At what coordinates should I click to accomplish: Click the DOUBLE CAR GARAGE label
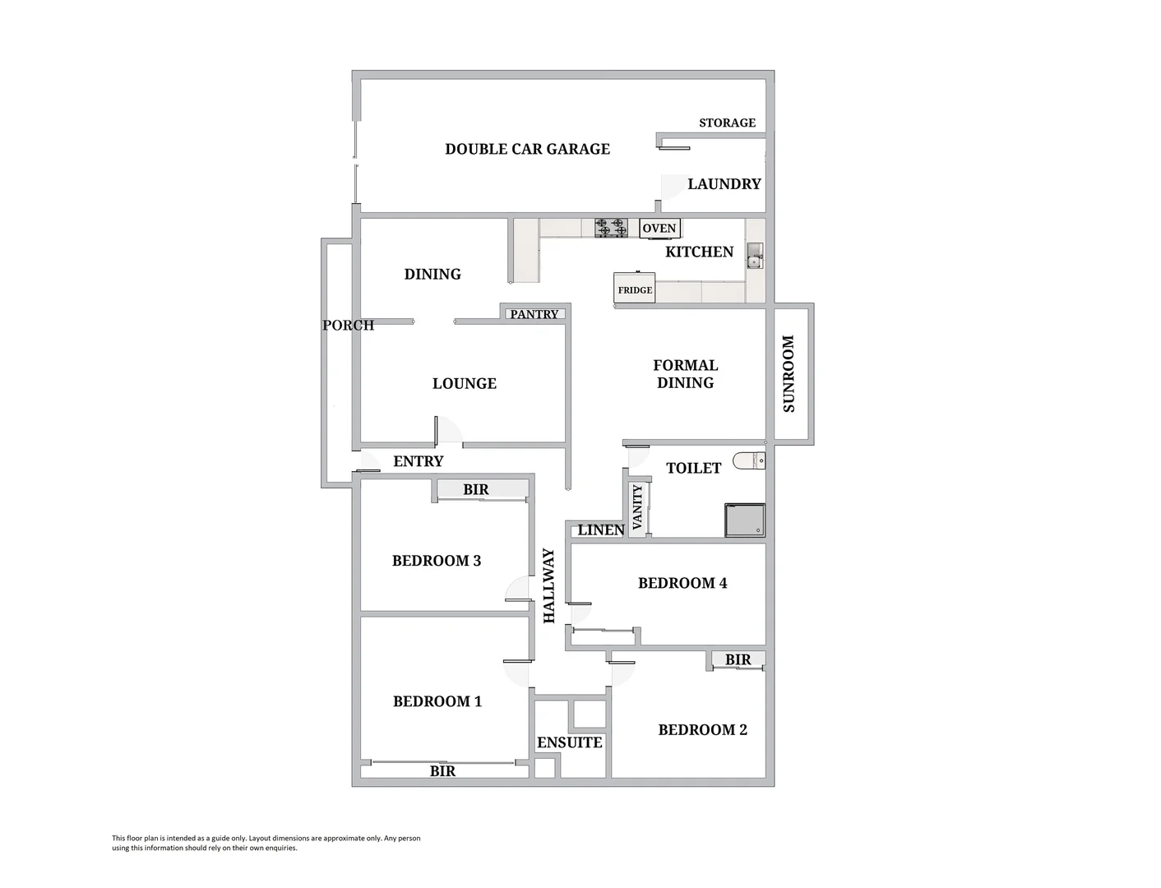[527, 149]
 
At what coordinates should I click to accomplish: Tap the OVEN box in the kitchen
[659, 229]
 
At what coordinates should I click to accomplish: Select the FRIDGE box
[635, 289]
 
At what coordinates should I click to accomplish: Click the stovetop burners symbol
[611, 228]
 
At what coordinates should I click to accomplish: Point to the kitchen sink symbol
[755, 256]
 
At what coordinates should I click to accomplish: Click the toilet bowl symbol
[748, 461]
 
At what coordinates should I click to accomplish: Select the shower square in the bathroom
[744, 520]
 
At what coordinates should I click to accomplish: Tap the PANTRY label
[534, 314]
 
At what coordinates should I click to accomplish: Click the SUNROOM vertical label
[789, 373]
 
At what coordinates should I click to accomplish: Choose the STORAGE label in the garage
[727, 123]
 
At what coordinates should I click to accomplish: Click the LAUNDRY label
[724, 184]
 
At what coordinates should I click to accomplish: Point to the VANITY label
[637, 509]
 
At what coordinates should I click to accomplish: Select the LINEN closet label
[600, 530]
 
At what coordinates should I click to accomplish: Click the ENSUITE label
[569, 742]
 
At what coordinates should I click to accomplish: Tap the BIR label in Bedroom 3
[475, 489]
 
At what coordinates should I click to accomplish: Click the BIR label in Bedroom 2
[738, 659]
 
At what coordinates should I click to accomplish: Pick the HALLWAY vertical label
[549, 585]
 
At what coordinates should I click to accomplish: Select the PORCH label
[348, 325]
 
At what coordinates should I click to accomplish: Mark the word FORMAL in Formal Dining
[685, 365]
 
